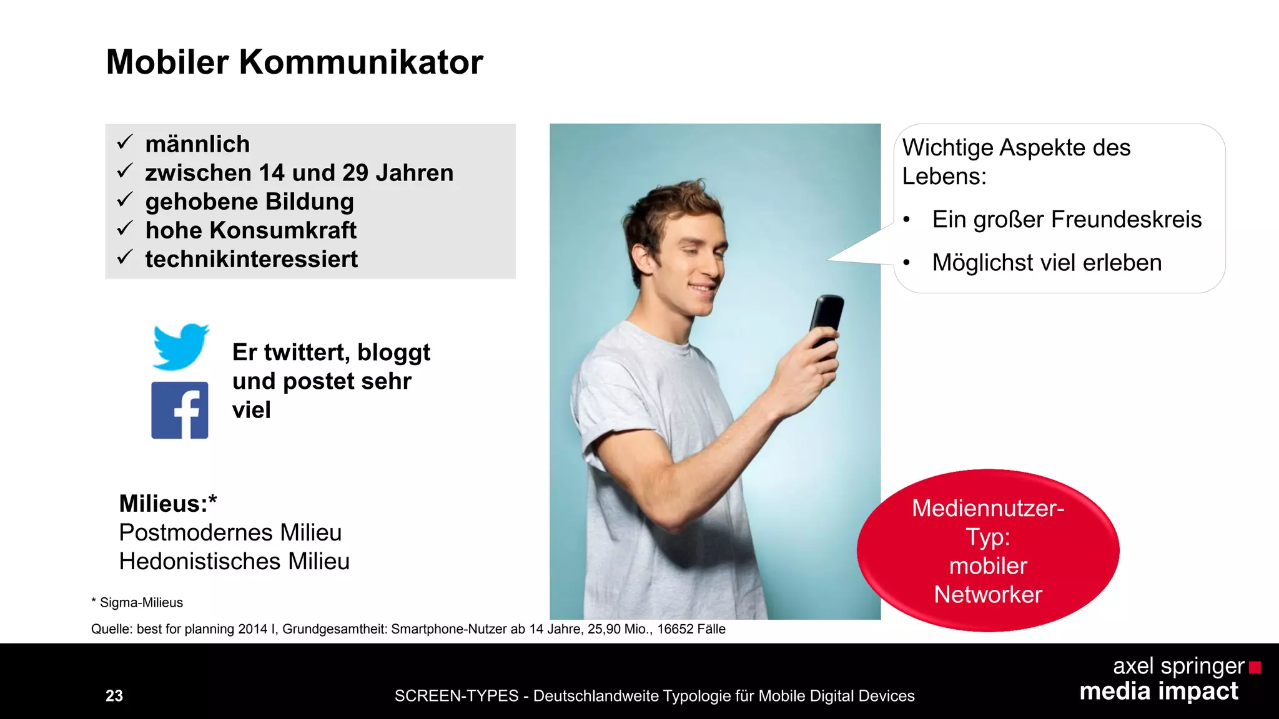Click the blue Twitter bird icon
pos(180,346)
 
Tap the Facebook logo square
pos(180,410)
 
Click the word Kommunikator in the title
pos(360,62)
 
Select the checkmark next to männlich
pos(125,142)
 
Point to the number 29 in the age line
pos(355,173)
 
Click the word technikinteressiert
pos(251,259)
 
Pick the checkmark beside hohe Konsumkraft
pos(125,228)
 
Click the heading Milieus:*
pos(168,504)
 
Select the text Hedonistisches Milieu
pos(234,561)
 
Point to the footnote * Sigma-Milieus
pos(137,602)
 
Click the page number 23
pos(114,696)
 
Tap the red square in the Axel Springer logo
pos(1255,668)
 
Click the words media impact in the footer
pos(1158,692)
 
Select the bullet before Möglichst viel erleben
pos(906,263)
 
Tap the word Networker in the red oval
pos(988,595)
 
